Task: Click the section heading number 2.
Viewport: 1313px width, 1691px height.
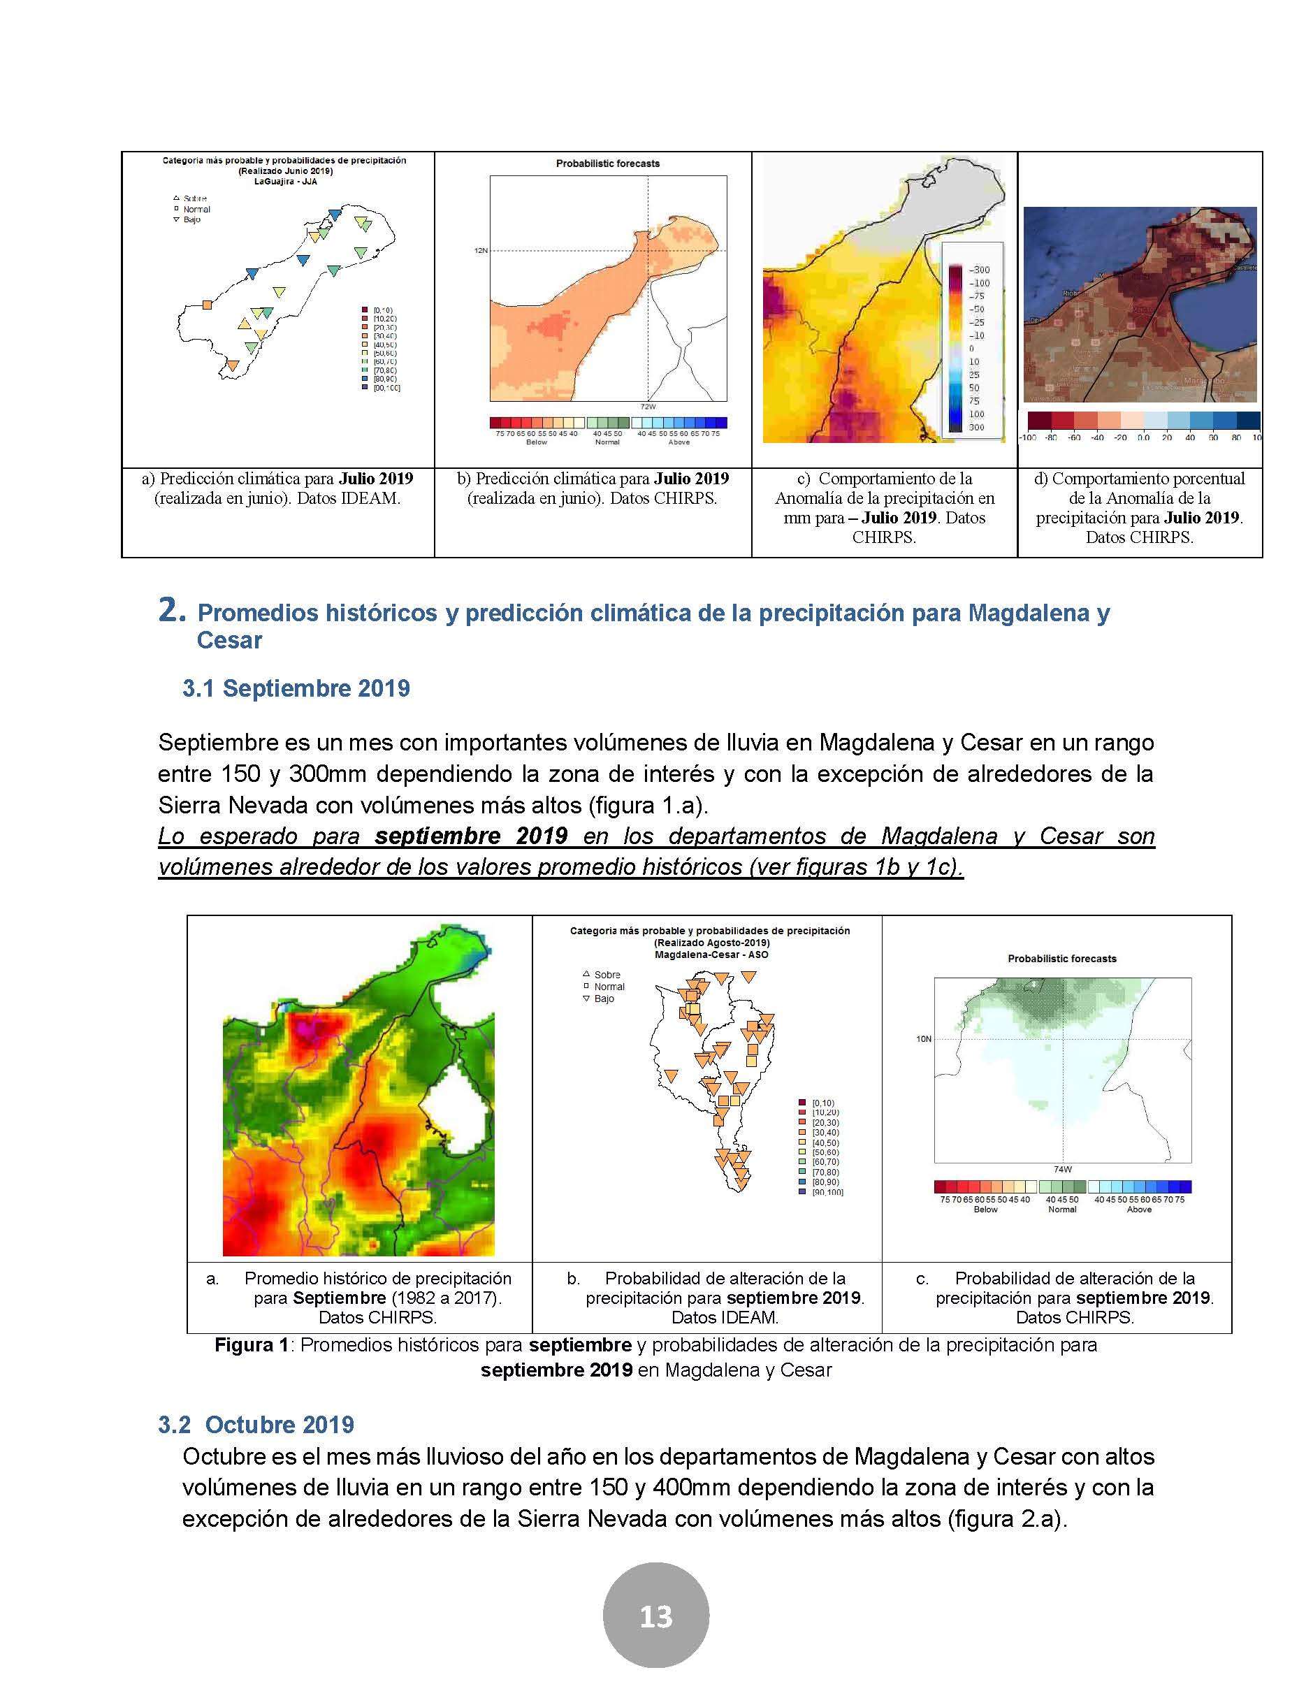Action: (x=172, y=611)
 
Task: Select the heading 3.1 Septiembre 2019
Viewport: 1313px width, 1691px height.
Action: (x=296, y=688)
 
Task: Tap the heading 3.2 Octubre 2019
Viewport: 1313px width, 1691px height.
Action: (x=256, y=1425)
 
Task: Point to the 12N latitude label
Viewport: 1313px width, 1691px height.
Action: (x=481, y=251)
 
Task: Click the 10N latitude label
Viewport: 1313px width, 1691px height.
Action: (x=924, y=1039)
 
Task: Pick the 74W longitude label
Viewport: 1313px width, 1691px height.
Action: (x=1062, y=1169)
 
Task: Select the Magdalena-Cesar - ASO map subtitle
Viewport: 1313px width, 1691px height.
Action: (x=711, y=955)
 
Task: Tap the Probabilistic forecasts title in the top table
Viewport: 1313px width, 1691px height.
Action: (x=608, y=164)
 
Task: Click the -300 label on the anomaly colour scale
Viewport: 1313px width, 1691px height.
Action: (x=979, y=270)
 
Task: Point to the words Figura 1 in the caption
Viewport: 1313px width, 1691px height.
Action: (x=251, y=1345)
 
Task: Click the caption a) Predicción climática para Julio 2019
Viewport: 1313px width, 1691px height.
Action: (x=277, y=488)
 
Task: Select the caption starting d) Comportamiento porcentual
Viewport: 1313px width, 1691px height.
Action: (x=1139, y=507)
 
